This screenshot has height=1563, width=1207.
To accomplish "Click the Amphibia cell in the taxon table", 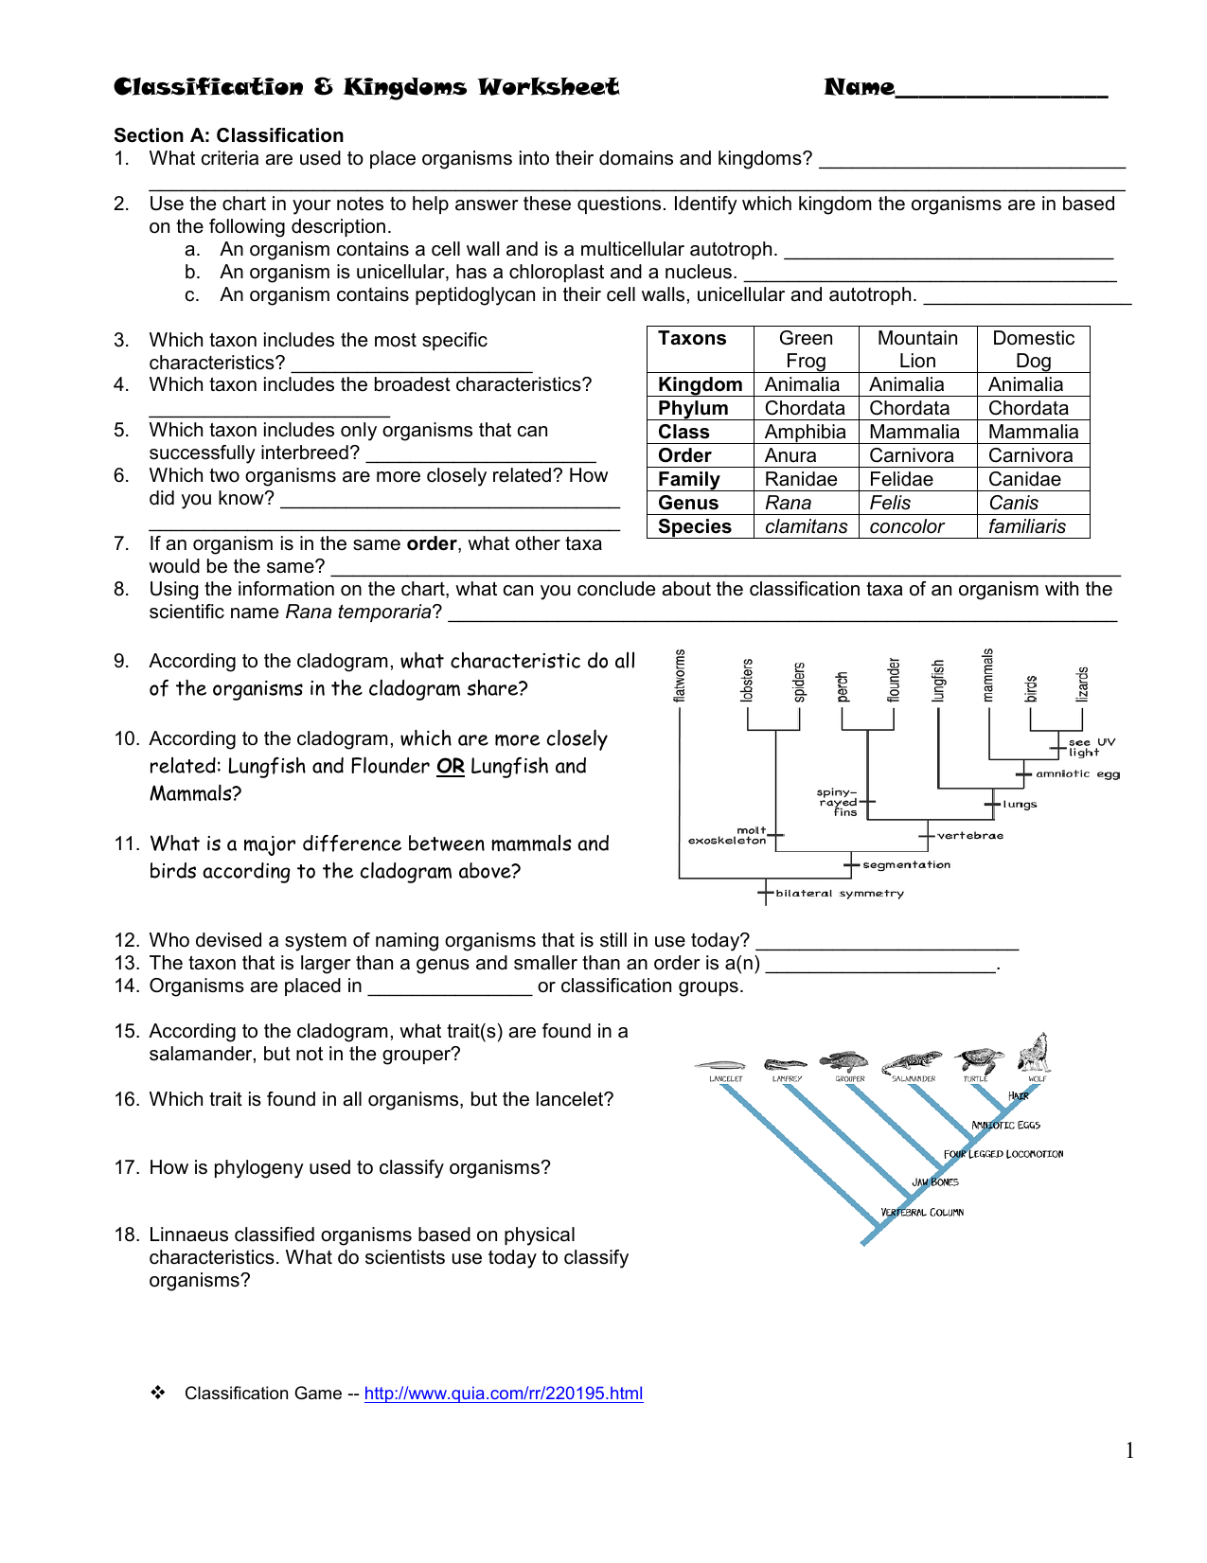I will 805,432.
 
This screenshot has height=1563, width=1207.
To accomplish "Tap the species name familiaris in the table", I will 1026,526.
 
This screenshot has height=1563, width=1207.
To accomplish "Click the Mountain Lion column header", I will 916,349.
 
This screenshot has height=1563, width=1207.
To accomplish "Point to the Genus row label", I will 688,503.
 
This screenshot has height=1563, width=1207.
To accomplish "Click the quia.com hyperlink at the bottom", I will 503,1394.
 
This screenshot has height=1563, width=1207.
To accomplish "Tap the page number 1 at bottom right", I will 1129,1450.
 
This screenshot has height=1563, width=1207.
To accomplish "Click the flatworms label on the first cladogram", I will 679,675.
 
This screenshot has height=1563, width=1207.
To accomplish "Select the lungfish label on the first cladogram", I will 938,681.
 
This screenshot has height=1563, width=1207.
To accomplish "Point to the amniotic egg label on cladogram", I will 1077,773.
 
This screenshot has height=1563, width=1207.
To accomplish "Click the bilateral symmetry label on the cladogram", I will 839,893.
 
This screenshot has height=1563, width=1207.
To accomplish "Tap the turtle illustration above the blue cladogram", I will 979,1059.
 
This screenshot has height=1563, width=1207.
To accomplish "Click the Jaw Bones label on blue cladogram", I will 935,1182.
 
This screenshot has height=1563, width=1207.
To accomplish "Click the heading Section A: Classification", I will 228,135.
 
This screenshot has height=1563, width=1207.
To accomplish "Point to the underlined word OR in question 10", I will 450,766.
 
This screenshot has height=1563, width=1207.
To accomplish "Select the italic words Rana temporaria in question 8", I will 358,612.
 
